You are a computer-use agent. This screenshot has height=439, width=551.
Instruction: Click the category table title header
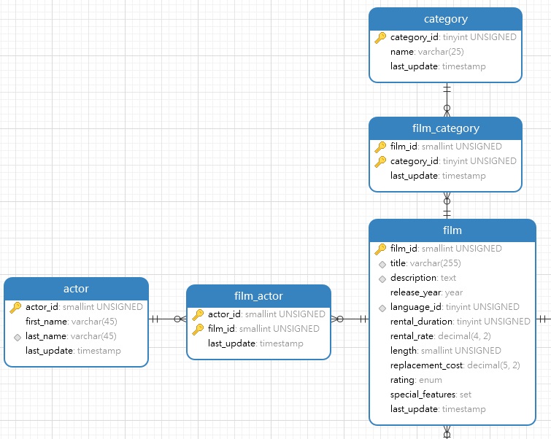click(x=445, y=19)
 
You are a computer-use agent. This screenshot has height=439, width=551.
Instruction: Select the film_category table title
click(x=445, y=128)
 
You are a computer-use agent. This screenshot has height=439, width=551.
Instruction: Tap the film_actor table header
click(x=258, y=296)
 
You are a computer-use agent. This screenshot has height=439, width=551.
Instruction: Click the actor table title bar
click(x=76, y=289)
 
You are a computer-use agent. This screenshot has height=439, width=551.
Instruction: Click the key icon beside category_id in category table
click(x=380, y=37)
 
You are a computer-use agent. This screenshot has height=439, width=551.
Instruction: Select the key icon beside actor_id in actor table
click(x=15, y=307)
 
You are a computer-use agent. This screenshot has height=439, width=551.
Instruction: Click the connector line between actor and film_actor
click(x=168, y=319)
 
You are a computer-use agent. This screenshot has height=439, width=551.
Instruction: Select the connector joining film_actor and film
click(x=350, y=319)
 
